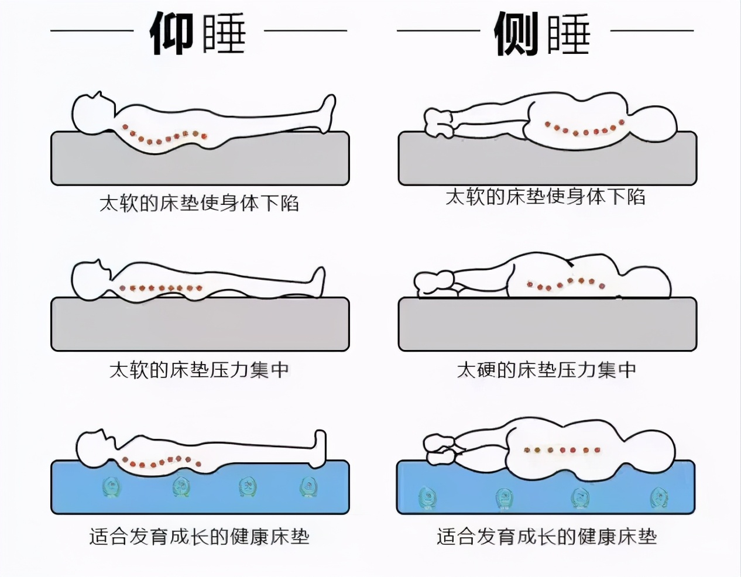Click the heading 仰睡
[198, 33]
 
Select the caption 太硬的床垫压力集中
[546, 370]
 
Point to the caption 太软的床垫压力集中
[199, 370]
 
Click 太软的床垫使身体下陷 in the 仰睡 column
[199, 203]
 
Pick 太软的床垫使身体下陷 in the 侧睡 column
[546, 196]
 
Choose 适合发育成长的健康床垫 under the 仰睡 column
[199, 536]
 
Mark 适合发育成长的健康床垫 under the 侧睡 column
[547, 536]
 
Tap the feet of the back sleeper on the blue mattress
[318, 448]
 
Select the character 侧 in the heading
[516, 33]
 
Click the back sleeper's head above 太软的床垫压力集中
[91, 278]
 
